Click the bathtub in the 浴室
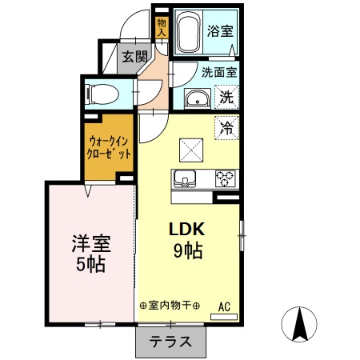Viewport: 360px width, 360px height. pyautogui.click(x=189, y=33)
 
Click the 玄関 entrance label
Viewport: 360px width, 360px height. pyautogui.click(x=135, y=56)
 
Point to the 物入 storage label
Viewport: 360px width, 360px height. pyautogui.click(x=161, y=27)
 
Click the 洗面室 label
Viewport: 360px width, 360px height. pyautogui.click(x=217, y=71)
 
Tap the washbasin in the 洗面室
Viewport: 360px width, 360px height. pyautogui.click(x=197, y=99)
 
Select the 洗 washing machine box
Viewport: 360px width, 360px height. pyautogui.click(x=226, y=98)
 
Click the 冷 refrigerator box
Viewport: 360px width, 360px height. pyautogui.click(x=226, y=126)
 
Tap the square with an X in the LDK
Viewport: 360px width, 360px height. pyautogui.click(x=190, y=149)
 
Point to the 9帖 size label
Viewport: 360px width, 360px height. pyautogui.click(x=187, y=250)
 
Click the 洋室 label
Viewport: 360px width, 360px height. pyautogui.click(x=90, y=242)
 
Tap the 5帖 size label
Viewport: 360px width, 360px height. pyautogui.click(x=90, y=263)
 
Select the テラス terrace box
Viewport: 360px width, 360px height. pyautogui.click(x=170, y=342)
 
